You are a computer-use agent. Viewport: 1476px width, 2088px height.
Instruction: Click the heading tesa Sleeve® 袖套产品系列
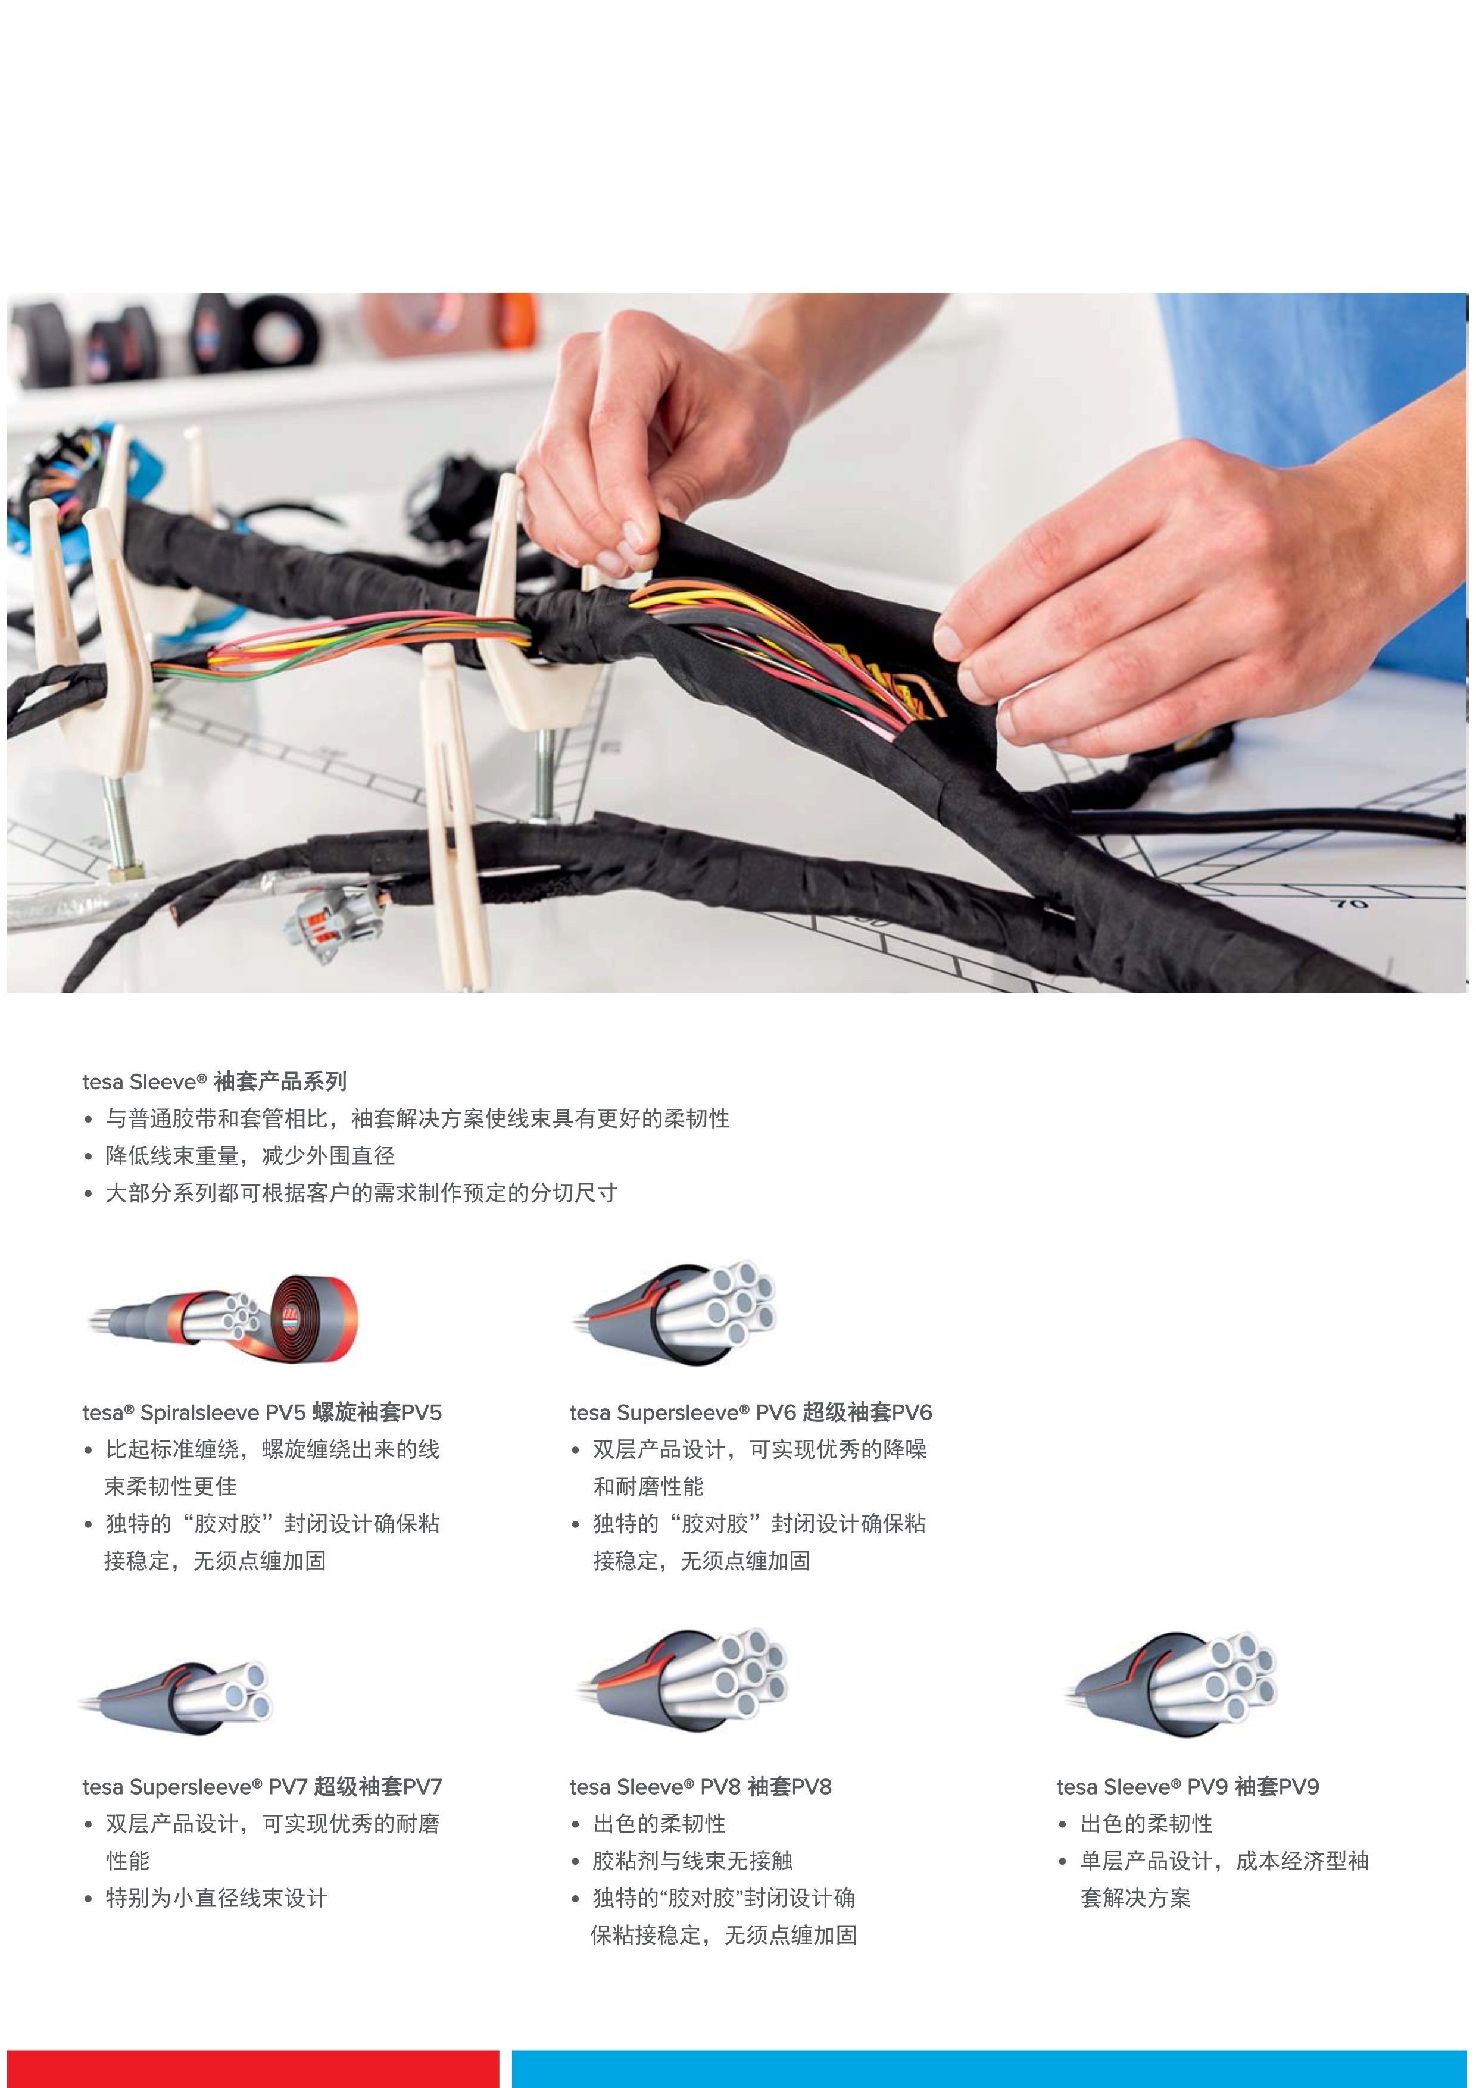[x=214, y=1081]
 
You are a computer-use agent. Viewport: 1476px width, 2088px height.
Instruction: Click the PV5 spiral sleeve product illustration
[x=223, y=1318]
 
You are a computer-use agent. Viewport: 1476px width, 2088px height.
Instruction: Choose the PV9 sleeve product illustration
[x=1171, y=1683]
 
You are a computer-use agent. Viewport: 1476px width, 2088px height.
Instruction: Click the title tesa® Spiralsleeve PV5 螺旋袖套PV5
[x=262, y=1412]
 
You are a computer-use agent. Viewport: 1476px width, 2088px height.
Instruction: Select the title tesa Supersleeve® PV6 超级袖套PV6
[x=750, y=1412]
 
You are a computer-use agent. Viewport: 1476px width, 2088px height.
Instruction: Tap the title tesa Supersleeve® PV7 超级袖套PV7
[x=262, y=1786]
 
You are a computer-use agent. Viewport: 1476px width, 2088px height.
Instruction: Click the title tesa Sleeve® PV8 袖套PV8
[x=700, y=1786]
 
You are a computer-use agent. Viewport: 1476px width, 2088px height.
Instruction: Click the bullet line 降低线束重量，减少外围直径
[x=239, y=1156]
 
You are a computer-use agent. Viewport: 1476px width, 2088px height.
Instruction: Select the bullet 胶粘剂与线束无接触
[x=682, y=1861]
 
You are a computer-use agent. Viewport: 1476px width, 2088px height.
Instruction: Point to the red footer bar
[x=254, y=2069]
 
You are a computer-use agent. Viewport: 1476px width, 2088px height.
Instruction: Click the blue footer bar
[x=990, y=2069]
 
